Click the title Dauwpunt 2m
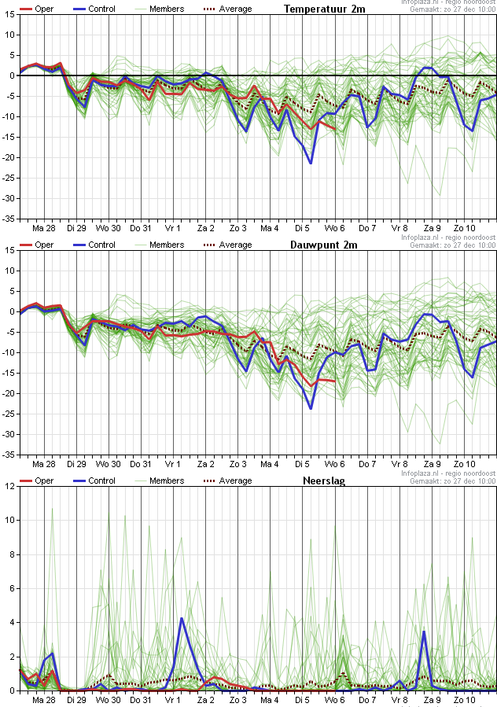[324, 245]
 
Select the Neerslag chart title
[324, 481]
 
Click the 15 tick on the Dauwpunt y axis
[10, 250]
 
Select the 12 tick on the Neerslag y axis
[10, 486]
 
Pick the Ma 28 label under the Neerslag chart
[43, 699]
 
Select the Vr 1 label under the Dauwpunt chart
[172, 464]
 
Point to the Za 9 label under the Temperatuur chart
[432, 228]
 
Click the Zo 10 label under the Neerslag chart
[463, 699]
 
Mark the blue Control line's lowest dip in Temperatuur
[311, 163]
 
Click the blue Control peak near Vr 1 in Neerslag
[182, 618]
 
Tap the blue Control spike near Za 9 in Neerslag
[424, 631]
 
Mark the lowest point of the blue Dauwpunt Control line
[311, 408]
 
